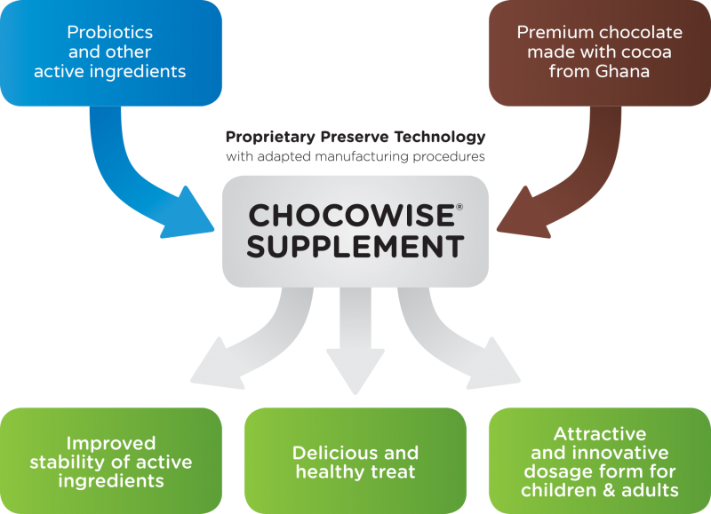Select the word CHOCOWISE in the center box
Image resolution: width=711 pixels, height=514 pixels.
point(348,216)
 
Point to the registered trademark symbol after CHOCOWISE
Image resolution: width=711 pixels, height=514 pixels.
point(459,207)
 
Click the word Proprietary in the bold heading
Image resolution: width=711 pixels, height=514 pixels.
point(270,138)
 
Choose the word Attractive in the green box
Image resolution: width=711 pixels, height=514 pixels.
point(599,434)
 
